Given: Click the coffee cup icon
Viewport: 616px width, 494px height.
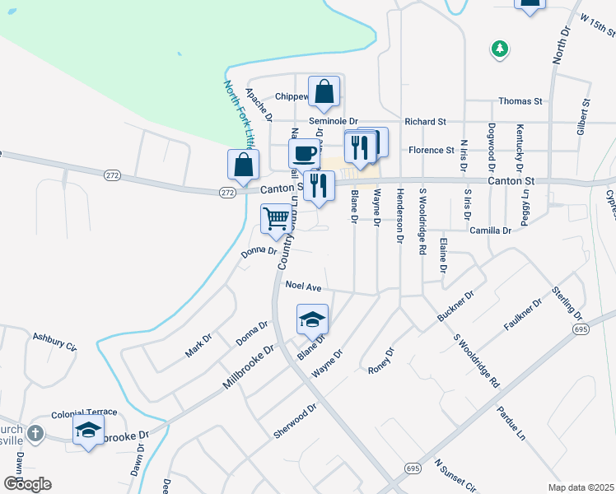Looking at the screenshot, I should pos(305,152).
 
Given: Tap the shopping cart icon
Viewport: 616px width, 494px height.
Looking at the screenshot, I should pos(277,218).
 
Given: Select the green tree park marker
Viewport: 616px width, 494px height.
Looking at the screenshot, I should pos(499,49).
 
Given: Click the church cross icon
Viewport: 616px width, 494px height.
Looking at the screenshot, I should pos(35,433).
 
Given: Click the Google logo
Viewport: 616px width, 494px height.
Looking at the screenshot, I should pos(27,483).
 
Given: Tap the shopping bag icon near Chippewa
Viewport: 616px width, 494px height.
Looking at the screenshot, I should pos(324,91).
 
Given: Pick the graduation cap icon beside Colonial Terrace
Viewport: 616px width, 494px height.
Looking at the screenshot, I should pos(89,430).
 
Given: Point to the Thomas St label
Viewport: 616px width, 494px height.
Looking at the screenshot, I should pos(520,101).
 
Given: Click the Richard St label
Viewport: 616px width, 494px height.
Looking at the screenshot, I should pos(425,121).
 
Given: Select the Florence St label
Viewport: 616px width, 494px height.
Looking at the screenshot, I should pos(432,151).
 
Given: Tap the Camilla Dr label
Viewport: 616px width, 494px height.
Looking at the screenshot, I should pos(490,231).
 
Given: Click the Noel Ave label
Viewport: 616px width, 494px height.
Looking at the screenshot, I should pos(302,286).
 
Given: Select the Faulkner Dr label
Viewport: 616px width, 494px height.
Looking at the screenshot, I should pos(523,315).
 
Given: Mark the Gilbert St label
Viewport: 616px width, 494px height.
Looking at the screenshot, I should pos(585,118).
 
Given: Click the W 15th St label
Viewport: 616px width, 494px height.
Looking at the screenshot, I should pos(596,26).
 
